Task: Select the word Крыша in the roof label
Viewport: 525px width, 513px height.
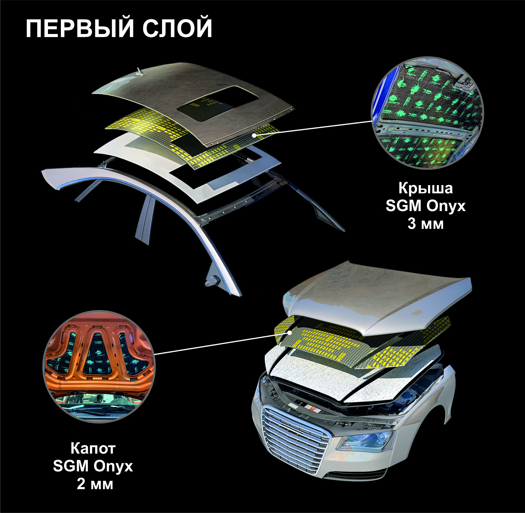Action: click(425, 188)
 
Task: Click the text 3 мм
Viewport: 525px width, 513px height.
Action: click(425, 223)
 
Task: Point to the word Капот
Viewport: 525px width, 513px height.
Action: click(93, 448)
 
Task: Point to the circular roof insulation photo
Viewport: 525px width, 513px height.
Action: click(427, 113)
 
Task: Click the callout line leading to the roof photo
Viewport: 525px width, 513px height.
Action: click(315, 128)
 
